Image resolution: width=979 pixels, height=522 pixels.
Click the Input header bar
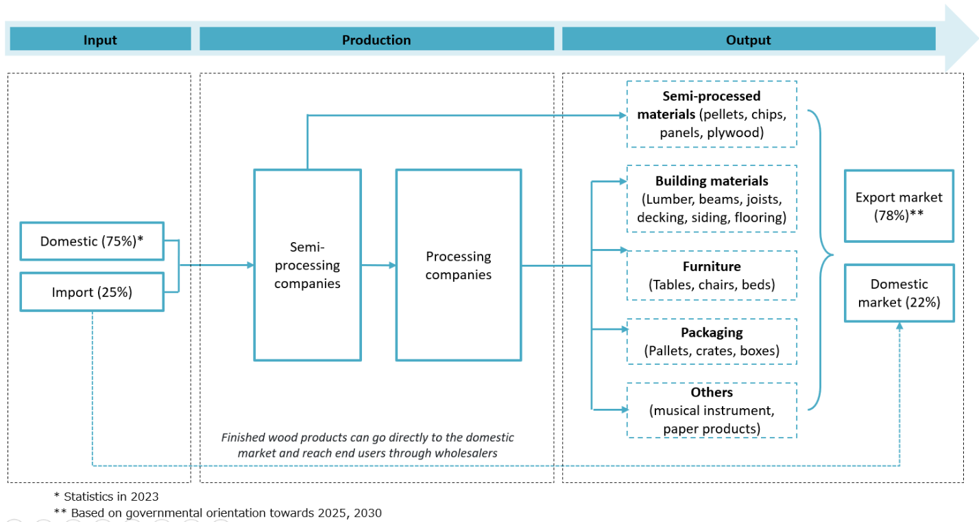[x=99, y=39]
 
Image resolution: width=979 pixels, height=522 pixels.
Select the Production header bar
[x=376, y=39]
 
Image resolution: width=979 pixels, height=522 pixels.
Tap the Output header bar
[x=749, y=39]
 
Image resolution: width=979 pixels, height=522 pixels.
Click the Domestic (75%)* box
[x=92, y=241]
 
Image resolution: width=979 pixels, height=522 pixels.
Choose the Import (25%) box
[x=92, y=292]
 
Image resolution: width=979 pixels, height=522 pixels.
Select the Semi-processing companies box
[x=307, y=265]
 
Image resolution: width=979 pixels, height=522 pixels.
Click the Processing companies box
[x=459, y=265]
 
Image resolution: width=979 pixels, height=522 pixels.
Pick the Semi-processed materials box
[x=712, y=114]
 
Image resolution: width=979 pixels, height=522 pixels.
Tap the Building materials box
[x=712, y=200]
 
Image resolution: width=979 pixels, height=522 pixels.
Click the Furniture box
[x=712, y=275]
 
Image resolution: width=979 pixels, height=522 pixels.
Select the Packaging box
[x=712, y=342]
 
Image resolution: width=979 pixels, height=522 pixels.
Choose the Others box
[x=712, y=410]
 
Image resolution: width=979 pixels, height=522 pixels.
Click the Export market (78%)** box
[x=898, y=206]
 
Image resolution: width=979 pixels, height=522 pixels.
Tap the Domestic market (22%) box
[x=898, y=293]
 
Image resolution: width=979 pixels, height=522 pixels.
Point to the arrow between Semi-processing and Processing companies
[x=378, y=265]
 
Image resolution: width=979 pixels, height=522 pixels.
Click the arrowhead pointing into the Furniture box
[x=623, y=250]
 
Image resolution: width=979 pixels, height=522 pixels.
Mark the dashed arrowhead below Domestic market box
[x=899, y=327]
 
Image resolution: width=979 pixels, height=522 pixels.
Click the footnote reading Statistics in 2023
[x=106, y=496]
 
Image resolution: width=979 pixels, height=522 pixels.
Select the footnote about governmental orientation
[x=217, y=512]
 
